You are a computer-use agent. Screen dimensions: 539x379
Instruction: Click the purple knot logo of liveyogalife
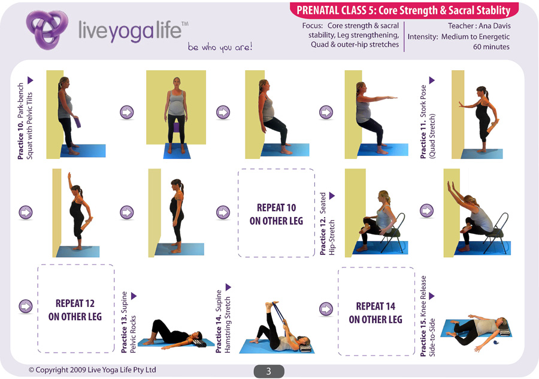pos(47,29)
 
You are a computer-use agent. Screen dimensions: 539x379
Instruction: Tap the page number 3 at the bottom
pos(269,371)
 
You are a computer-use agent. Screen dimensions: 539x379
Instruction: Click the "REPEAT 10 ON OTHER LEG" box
pos(276,213)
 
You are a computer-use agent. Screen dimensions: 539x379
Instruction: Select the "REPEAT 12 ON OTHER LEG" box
pos(75,309)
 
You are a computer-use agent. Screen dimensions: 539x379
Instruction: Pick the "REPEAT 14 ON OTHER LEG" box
pos(376,312)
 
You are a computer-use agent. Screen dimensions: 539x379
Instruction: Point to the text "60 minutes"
pos(491,47)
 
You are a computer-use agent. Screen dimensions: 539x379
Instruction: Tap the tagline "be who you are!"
pos(220,47)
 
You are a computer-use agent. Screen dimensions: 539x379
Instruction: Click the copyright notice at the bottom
pos(92,370)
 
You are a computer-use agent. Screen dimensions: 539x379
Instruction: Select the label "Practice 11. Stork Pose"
pos(423,122)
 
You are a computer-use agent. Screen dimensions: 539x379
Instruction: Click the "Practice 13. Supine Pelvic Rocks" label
pos(129,322)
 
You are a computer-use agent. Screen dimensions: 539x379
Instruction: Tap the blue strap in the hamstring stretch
pos(280,315)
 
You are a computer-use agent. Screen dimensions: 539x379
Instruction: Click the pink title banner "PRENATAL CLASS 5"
pos(404,10)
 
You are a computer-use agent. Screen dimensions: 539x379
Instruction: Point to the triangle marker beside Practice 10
pos(31,80)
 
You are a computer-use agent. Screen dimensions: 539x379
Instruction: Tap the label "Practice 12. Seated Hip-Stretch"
pos(327,224)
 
